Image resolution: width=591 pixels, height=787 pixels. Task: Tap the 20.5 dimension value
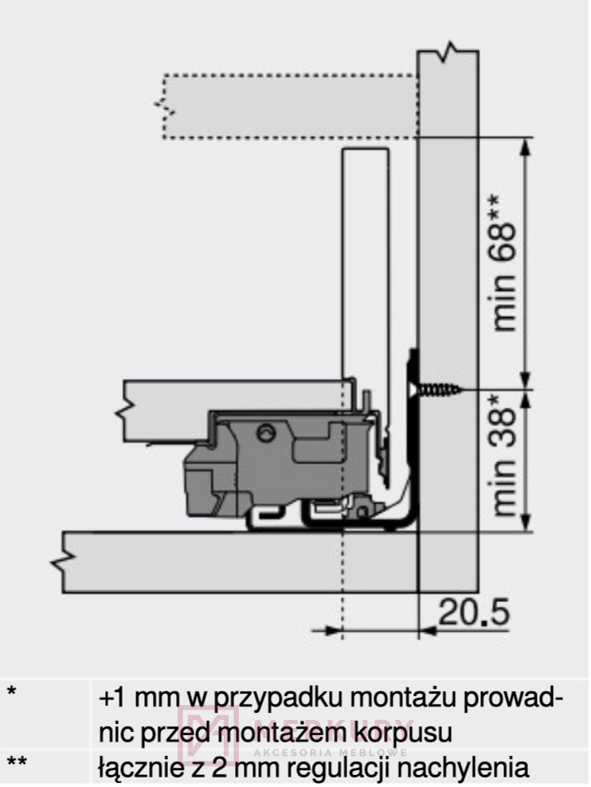(x=474, y=613)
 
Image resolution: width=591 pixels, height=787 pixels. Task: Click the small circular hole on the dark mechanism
(x=265, y=433)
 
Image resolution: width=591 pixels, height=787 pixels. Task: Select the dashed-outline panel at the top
(x=290, y=107)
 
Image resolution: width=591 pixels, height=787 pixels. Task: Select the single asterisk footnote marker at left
(x=11, y=691)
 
